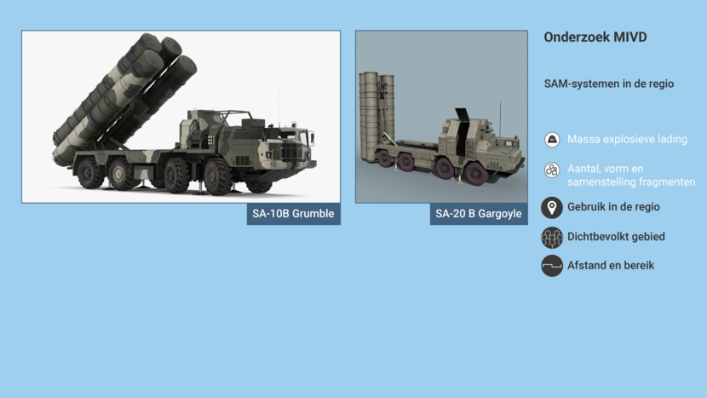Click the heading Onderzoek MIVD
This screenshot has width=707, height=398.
click(595, 37)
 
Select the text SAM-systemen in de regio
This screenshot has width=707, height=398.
click(609, 84)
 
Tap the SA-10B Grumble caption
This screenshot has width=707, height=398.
click(293, 213)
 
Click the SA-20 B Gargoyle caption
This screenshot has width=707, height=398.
click(479, 213)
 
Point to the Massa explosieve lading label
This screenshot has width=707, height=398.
click(627, 140)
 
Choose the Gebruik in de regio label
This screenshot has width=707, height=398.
click(613, 207)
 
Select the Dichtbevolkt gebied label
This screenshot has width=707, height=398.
click(616, 236)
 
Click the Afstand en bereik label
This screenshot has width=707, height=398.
click(611, 265)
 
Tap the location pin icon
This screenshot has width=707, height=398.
click(552, 208)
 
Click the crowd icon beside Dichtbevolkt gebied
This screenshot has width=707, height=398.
click(552, 238)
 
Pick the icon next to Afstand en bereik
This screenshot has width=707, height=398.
click(552, 266)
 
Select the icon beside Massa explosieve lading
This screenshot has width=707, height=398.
click(552, 140)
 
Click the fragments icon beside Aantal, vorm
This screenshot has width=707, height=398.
click(552, 170)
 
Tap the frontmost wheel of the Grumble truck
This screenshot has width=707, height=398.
click(218, 176)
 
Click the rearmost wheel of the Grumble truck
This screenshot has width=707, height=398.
click(89, 172)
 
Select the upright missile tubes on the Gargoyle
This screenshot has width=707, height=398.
click(376, 114)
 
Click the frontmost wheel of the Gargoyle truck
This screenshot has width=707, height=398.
click(475, 175)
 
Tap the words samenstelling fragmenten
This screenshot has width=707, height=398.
click(631, 182)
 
